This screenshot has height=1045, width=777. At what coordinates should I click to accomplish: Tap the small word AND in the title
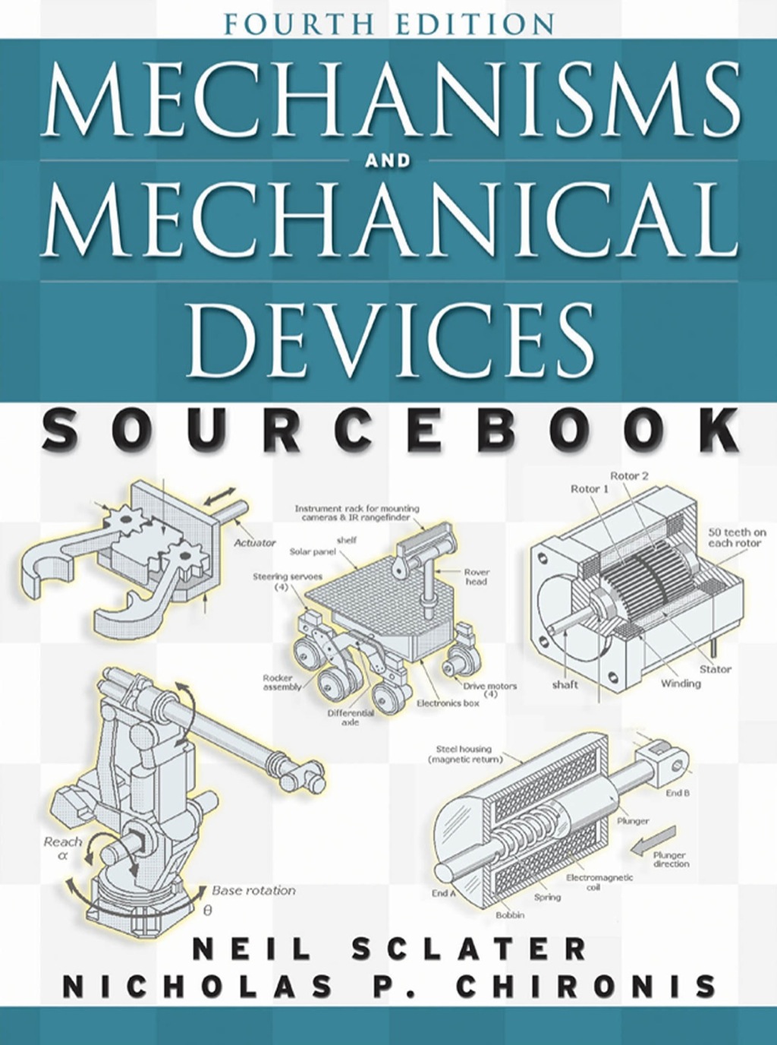(388, 160)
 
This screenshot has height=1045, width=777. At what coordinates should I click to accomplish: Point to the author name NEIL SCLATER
(388, 949)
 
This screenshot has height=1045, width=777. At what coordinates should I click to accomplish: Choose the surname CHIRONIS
(587, 986)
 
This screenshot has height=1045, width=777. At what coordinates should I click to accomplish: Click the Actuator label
(254, 543)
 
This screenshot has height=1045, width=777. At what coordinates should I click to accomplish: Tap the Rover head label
(476, 576)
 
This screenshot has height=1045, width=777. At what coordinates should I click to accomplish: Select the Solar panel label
(312, 552)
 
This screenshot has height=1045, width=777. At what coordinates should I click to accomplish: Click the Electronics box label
(448, 703)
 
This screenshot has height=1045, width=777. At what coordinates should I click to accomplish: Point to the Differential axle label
(350, 718)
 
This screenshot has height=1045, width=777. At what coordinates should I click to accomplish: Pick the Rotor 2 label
(629, 476)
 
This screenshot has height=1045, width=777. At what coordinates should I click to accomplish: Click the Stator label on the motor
(715, 669)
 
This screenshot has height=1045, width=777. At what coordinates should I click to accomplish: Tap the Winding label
(680, 684)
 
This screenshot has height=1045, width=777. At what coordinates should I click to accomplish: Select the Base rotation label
(253, 890)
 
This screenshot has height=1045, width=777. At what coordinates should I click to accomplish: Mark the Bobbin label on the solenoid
(509, 914)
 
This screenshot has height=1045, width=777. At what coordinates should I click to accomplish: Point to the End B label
(678, 793)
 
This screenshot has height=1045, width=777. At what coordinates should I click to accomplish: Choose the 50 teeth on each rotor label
(737, 538)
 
